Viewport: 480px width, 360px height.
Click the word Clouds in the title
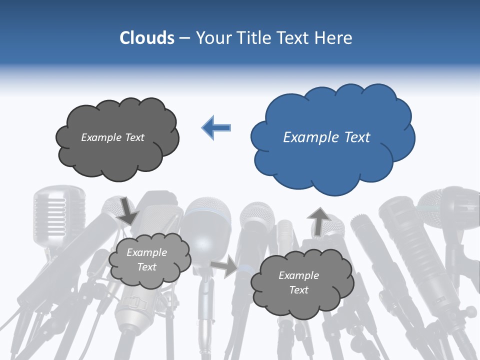[147, 38]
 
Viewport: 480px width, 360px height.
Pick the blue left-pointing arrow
[216, 127]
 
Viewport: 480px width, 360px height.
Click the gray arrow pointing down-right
[127, 211]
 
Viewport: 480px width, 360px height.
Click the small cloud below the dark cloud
[149, 260]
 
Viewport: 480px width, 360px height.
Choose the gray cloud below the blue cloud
[301, 283]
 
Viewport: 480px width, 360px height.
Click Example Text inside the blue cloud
[326, 137]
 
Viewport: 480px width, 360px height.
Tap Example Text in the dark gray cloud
[112, 137]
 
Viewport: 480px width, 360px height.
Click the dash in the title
[184, 38]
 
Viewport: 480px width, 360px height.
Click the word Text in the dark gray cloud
[134, 137]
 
